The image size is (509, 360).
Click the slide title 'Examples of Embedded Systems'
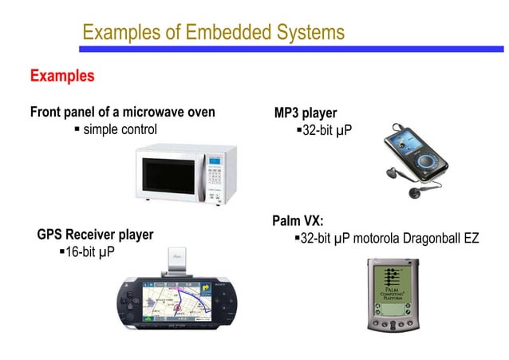[x=213, y=33]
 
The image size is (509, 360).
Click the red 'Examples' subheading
[x=62, y=77]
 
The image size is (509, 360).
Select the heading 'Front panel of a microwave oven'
[x=122, y=113]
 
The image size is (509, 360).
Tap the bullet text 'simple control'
[x=120, y=129]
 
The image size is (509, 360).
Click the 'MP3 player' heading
[x=306, y=113]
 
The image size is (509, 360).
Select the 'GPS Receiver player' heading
[x=95, y=235]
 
